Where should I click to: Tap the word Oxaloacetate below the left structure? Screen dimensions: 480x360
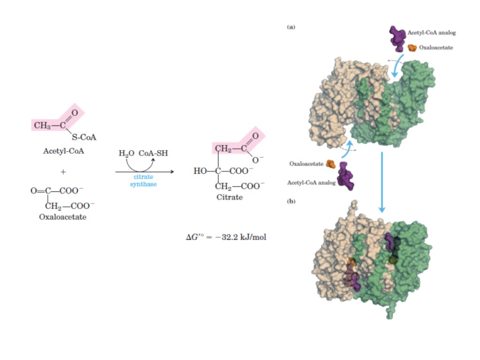point(63,217)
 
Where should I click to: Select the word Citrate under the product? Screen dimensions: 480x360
point(230,197)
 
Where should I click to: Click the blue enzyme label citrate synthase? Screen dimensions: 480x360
point(143,181)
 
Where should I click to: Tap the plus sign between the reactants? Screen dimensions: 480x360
point(63,172)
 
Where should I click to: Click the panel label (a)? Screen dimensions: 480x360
point(291,27)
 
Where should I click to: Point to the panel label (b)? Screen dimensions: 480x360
point(291,202)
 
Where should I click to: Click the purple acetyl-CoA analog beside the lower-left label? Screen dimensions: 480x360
point(347,176)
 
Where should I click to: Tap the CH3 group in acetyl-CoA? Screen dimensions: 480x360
point(43,125)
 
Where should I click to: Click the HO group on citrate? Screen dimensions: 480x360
point(200,171)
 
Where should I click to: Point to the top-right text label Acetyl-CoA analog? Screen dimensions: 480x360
point(432,33)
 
